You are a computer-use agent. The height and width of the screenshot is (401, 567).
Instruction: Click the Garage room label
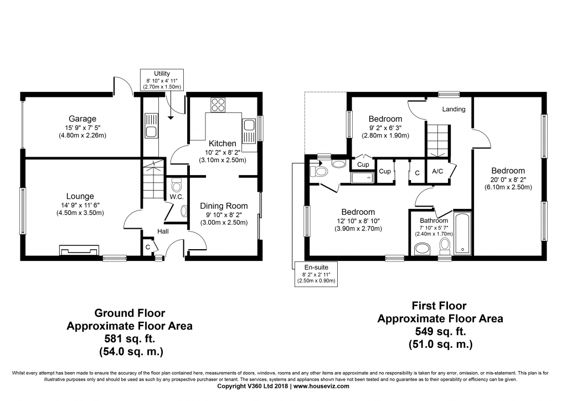tap(83, 119)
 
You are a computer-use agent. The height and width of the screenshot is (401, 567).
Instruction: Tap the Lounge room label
tap(80, 196)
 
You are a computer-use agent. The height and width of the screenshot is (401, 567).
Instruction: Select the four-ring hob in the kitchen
tap(218, 105)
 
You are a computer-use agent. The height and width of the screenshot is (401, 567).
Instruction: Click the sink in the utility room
tap(151, 126)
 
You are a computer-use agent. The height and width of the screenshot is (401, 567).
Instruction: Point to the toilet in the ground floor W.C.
tap(177, 186)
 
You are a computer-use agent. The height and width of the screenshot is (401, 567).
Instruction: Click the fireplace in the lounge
tap(79, 250)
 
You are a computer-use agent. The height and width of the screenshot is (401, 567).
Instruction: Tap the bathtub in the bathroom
tap(462, 233)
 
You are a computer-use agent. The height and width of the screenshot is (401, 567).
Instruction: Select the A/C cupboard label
tap(437, 171)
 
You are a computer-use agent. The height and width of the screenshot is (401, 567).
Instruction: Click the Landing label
tap(454, 109)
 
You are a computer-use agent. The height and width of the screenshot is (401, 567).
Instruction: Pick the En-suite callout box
tap(316, 274)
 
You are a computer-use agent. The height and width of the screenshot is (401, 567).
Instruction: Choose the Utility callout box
tap(162, 80)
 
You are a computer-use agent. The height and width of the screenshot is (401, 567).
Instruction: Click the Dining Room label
tap(224, 205)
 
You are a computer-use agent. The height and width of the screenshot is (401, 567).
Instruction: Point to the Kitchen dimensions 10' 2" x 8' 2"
tap(223, 152)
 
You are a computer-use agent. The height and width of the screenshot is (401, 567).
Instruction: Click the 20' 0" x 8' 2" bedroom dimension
tap(508, 179)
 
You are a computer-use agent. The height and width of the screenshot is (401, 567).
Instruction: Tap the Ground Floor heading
tap(130, 313)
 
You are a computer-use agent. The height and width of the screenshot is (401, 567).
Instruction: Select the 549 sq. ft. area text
tap(440, 331)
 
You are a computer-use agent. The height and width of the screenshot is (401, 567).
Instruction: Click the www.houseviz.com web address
tap(321, 386)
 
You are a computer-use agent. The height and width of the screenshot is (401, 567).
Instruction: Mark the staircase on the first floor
tap(437, 141)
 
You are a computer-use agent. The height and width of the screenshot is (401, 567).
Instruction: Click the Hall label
tap(163, 231)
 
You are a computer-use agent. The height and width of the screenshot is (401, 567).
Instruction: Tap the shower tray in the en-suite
tap(362, 178)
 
